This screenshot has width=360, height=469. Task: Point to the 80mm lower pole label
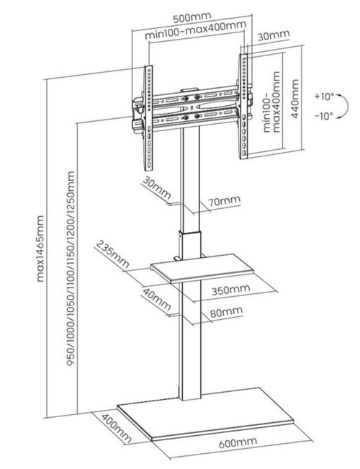click(227, 313)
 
